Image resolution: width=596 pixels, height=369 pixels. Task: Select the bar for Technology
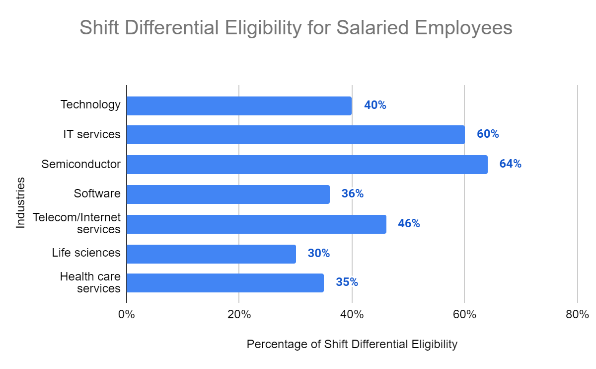[x=239, y=105]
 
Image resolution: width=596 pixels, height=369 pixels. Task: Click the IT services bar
[x=296, y=134]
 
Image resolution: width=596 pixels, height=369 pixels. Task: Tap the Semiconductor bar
[x=307, y=164]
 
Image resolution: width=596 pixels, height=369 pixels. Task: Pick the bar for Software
[x=228, y=194]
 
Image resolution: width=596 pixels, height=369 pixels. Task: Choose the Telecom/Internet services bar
[x=256, y=224]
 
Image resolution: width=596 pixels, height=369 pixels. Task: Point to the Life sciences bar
[x=211, y=254]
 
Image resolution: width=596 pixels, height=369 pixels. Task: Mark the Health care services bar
[x=225, y=282]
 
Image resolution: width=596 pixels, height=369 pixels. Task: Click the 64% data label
[x=511, y=164]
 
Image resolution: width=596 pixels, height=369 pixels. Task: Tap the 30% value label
[x=318, y=253]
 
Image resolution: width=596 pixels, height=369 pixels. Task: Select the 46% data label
[x=409, y=224]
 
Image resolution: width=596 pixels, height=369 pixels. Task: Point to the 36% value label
[x=352, y=194]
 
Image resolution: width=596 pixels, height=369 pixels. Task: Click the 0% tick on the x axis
[x=127, y=315]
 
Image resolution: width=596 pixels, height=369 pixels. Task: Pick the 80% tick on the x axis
[x=577, y=315]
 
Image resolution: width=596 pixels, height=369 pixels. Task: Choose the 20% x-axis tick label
[x=239, y=315]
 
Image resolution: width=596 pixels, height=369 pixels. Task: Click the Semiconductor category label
[x=81, y=164]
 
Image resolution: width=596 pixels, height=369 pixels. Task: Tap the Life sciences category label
[x=86, y=253]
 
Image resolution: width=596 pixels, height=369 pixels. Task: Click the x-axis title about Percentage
[x=352, y=344]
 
